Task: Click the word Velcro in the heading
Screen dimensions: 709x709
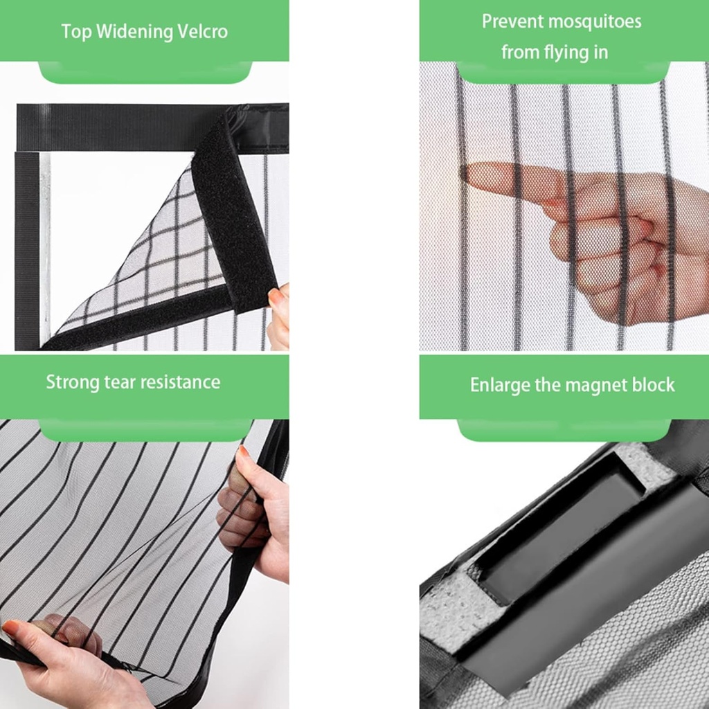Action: coord(202,32)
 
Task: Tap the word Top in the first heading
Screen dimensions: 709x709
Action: coord(75,33)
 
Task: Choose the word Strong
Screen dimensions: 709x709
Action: coord(72,382)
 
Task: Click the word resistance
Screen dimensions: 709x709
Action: coord(180,382)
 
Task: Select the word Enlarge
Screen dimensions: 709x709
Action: coord(500,386)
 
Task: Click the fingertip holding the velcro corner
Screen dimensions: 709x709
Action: coord(276,297)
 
